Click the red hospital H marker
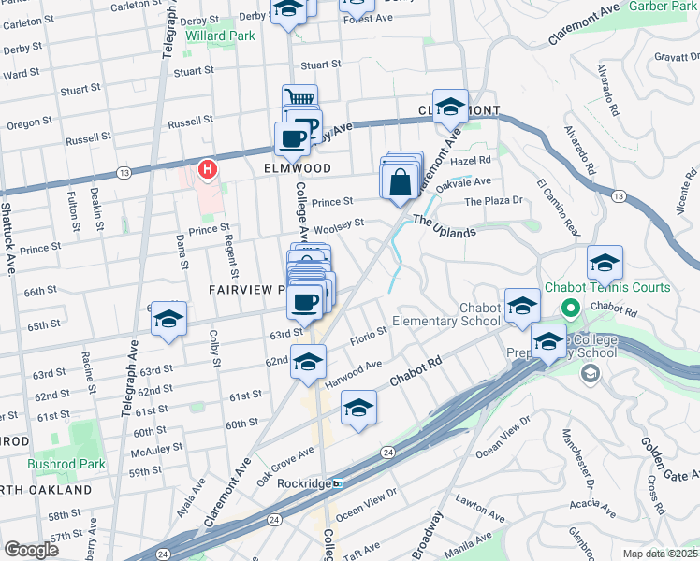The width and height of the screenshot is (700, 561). tap(208, 169)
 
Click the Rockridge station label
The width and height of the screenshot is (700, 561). tap(305, 483)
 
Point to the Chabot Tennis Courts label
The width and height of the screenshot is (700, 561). tap(618, 287)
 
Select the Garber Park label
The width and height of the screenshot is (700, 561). tap(663, 7)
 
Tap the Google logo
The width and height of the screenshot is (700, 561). tap(31, 549)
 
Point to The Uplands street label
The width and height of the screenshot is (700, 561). tap(445, 226)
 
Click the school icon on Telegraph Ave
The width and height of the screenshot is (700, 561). tap(168, 320)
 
